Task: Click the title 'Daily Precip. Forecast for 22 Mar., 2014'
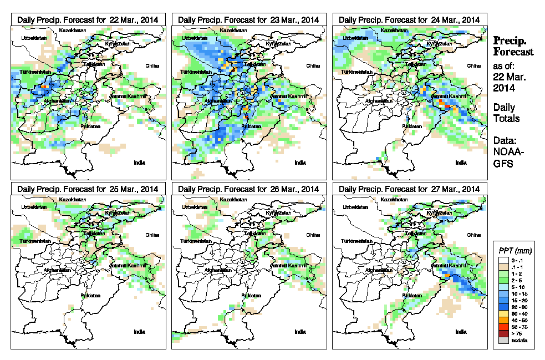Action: [x=88, y=19]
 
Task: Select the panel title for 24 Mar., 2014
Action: [x=409, y=19]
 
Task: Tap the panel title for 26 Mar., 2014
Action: [x=248, y=189]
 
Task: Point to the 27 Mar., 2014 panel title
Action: [x=409, y=189]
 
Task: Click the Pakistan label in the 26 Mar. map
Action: [x=251, y=295]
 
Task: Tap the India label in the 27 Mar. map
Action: [x=461, y=332]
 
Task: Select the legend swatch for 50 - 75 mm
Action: [x=502, y=327]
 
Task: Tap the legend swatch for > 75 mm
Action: [x=502, y=333]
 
